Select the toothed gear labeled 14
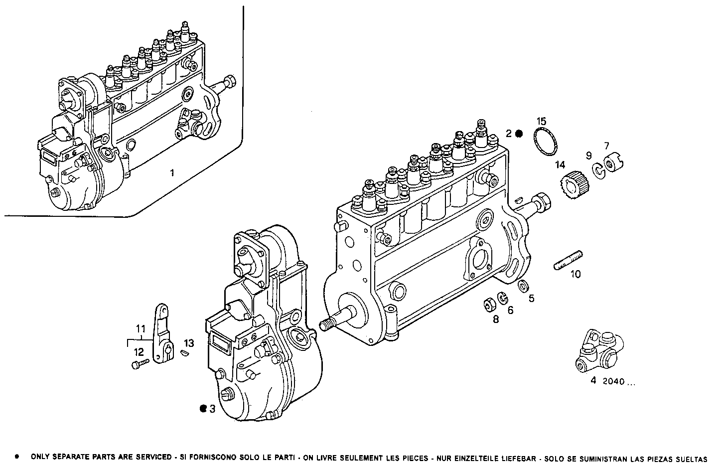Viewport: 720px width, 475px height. [x=571, y=184]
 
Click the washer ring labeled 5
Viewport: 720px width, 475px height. [x=523, y=287]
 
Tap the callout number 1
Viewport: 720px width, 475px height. [x=172, y=173]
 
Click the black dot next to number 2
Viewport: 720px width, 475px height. [x=519, y=134]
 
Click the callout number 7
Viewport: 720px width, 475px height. [x=606, y=146]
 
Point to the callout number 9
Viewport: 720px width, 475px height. [x=588, y=156]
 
